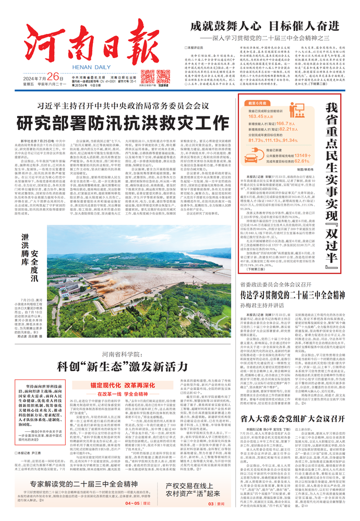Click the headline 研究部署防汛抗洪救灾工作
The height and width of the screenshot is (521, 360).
coord(115,124)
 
